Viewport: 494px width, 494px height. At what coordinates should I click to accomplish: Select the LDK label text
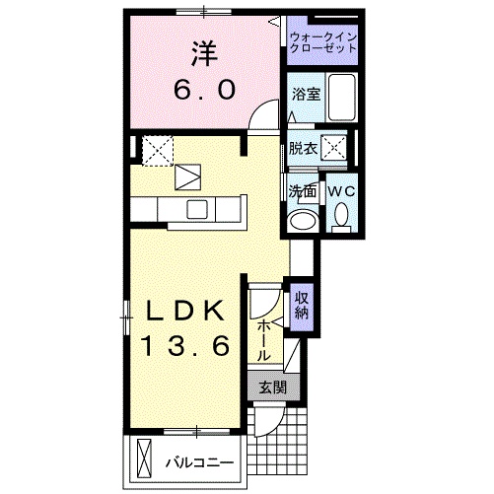click(189, 310)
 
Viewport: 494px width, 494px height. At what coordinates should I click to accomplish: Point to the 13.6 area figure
click(189, 347)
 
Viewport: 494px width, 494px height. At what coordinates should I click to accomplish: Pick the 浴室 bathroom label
click(304, 95)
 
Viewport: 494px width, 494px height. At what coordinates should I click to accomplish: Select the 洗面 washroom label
click(302, 190)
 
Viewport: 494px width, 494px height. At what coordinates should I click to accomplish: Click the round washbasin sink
click(303, 219)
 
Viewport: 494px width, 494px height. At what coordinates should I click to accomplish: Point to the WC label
click(341, 190)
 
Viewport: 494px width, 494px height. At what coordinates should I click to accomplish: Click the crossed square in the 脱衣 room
click(336, 149)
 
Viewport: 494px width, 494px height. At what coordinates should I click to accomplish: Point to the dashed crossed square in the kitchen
click(158, 151)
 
